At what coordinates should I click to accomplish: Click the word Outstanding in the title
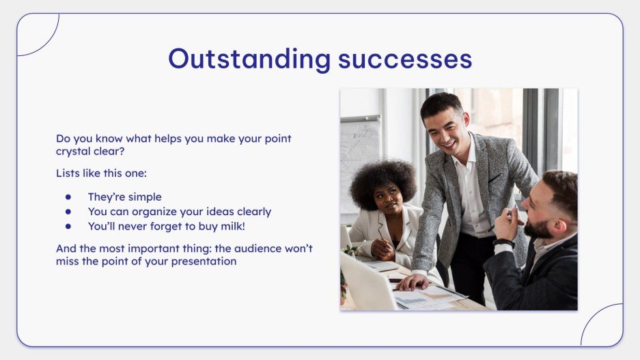tap(249, 59)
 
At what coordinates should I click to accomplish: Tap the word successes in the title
tap(405, 59)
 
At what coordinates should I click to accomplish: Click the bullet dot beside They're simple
tap(68, 197)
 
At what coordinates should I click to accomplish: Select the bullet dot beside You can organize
tap(68, 212)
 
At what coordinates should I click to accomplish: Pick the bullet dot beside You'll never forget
tap(68, 226)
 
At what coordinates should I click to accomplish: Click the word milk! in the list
tap(233, 226)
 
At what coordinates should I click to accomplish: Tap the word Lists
tap(68, 173)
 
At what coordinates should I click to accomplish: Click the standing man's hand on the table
tap(413, 282)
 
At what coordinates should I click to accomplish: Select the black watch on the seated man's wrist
tap(503, 244)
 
